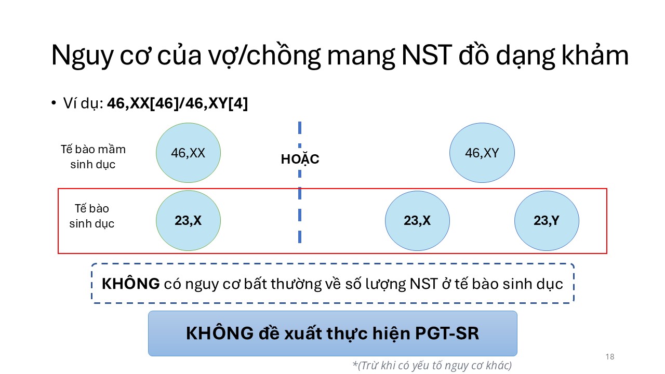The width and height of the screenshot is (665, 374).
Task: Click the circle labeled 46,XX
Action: click(x=188, y=153)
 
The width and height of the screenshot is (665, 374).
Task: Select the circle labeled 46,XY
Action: click(x=482, y=153)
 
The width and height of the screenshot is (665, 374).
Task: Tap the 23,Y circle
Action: click(x=547, y=221)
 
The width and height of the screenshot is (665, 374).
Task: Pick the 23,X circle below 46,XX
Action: click(x=188, y=221)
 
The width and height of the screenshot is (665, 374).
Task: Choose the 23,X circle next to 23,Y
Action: click(x=417, y=221)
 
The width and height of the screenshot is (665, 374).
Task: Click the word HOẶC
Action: click(x=300, y=158)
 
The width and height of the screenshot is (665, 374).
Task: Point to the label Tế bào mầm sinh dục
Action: click(x=93, y=157)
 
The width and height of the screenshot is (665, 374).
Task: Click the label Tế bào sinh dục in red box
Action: click(x=92, y=216)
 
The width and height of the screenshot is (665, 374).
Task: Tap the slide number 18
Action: click(x=610, y=356)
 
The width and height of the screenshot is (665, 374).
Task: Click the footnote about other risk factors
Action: click(x=432, y=365)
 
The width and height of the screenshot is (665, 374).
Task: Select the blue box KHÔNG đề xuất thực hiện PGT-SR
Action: click(x=332, y=333)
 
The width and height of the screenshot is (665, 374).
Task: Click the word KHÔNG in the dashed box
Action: click(x=130, y=284)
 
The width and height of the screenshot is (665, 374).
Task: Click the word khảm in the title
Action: click(x=595, y=55)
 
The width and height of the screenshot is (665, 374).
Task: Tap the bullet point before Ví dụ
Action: click(x=54, y=103)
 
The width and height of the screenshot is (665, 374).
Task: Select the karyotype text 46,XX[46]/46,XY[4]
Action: click(x=178, y=103)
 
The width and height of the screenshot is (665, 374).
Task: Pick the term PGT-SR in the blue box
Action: click(x=447, y=333)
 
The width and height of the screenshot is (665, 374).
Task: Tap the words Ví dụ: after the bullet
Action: click(x=83, y=103)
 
